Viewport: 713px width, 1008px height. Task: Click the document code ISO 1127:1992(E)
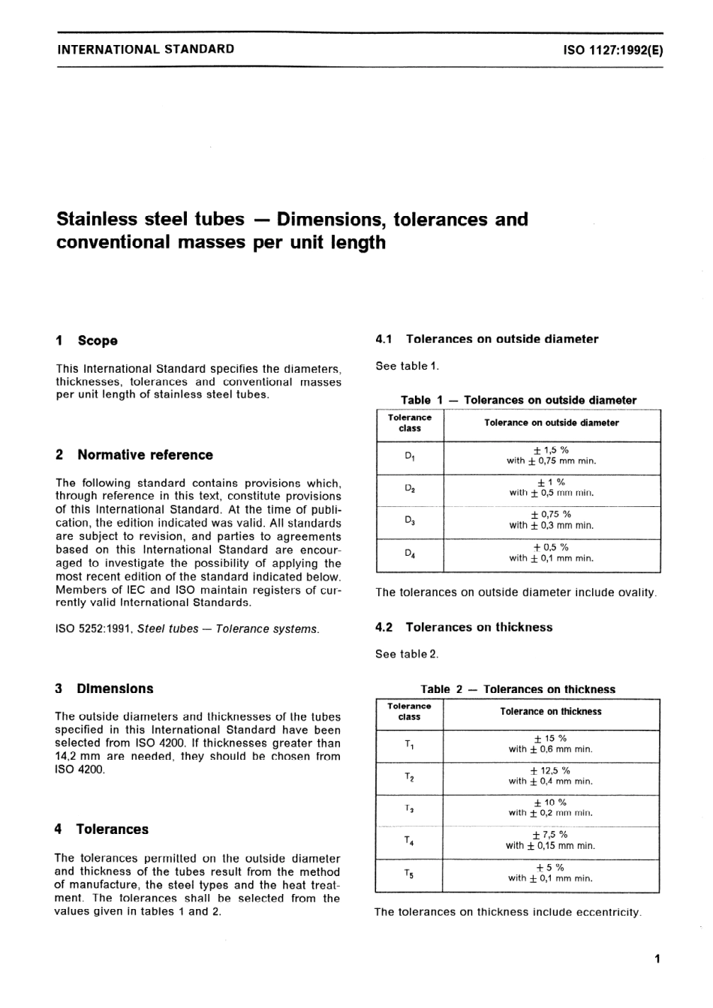(612, 50)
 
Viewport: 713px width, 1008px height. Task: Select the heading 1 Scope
(87, 340)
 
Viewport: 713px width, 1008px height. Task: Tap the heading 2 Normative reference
(134, 455)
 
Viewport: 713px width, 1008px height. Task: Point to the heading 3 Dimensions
(104, 688)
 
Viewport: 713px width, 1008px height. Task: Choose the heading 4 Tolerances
(101, 829)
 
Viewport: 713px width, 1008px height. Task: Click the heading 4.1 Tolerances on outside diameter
(487, 339)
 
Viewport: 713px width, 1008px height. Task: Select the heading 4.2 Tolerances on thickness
(464, 627)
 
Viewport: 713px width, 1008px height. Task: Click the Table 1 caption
(518, 400)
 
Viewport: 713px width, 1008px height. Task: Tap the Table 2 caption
(518, 688)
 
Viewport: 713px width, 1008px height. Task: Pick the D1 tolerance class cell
(410, 456)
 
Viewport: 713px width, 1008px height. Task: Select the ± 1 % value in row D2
(551, 482)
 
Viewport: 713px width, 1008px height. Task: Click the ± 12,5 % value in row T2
(550, 770)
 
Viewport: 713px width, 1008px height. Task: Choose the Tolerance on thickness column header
(551, 711)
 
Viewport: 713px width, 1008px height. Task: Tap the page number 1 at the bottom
(657, 958)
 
